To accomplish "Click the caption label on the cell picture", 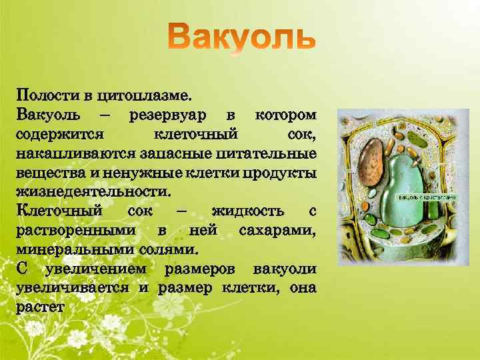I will point(427,198).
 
